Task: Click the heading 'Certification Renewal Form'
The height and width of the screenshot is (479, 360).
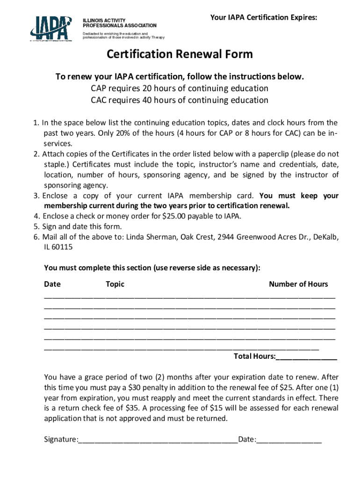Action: tap(180, 54)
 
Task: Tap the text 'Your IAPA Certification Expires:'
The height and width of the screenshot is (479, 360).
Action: tap(263, 18)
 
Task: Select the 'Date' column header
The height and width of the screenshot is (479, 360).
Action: tap(52, 284)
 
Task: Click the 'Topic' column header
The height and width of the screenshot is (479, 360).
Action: tap(115, 284)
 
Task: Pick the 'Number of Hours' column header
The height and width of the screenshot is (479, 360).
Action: tap(298, 284)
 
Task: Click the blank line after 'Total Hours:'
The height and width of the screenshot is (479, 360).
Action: tap(306, 357)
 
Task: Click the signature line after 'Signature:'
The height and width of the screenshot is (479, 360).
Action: tap(158, 440)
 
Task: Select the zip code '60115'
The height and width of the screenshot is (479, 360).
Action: tap(63, 247)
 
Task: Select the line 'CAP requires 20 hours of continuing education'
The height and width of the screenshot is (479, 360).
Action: tap(180, 88)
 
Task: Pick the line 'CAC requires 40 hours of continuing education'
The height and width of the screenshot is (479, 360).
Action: tap(180, 100)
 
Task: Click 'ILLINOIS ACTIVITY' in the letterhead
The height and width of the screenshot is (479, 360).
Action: tap(104, 21)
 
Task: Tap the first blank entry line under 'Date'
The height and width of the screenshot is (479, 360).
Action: tap(189, 297)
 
